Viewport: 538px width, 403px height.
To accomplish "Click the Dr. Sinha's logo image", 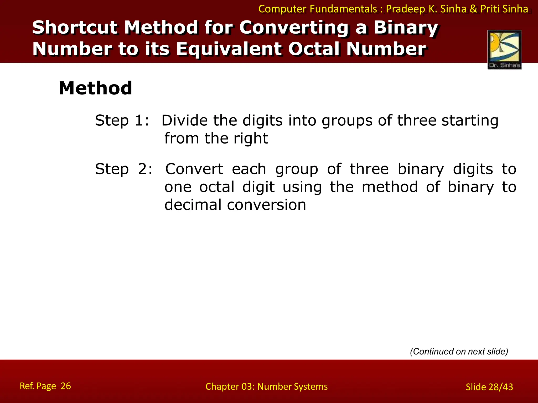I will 504,49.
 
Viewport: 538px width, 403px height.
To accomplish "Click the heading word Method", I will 95,88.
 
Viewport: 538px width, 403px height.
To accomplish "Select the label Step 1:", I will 122,121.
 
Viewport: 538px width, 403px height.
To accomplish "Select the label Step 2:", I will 124,169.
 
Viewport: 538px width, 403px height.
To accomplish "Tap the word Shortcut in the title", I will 74,27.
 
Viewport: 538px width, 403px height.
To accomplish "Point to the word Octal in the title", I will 314,49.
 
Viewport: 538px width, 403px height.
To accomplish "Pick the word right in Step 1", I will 251,139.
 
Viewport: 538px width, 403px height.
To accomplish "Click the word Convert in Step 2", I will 194,169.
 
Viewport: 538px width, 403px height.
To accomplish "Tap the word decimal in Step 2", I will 193,205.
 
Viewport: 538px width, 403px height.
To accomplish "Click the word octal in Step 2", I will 217,187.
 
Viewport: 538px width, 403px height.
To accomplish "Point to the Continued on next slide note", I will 459,351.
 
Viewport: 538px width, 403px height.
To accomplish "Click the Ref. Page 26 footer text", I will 45,386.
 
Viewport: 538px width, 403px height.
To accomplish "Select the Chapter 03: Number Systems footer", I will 266,386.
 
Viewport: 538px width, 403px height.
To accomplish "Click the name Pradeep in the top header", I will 405,9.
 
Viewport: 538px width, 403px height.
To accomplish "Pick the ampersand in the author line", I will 473,9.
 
